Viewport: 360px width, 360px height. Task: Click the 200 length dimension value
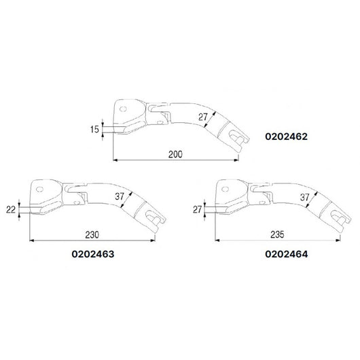(x=175, y=154)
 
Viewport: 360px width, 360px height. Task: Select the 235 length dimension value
(x=275, y=234)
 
